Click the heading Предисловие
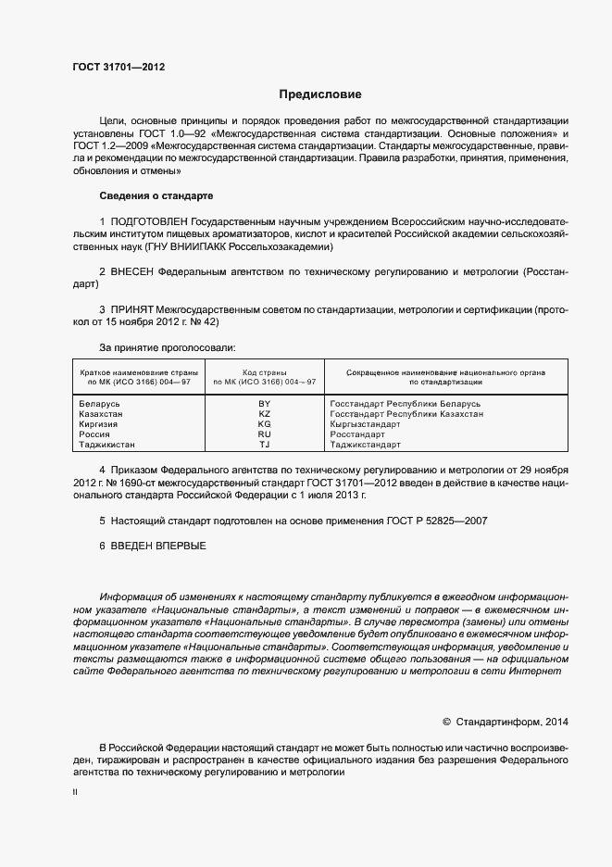pyautogui.click(x=320, y=94)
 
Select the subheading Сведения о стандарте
pyautogui.click(x=156, y=196)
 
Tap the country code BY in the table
pyautogui.click(x=264, y=404)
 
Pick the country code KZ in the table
pyautogui.click(x=264, y=414)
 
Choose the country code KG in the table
pyautogui.click(x=264, y=424)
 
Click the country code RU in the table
pyautogui.click(x=264, y=434)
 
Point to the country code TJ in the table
pyautogui.click(x=264, y=445)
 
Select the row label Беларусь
pyautogui.click(x=101, y=404)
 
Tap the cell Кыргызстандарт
pyautogui.click(x=365, y=424)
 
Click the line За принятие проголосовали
pyautogui.click(x=167, y=346)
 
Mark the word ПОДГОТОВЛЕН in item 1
pyautogui.click(x=148, y=223)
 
